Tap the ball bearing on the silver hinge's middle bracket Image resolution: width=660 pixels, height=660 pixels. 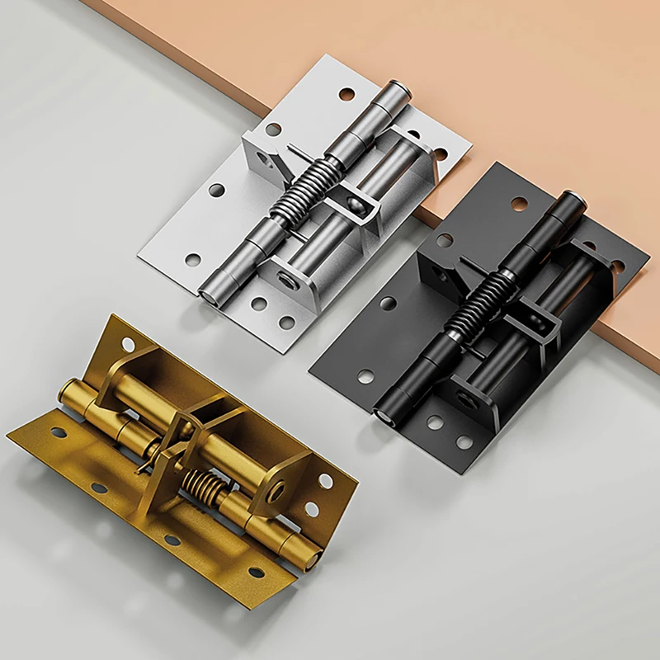353,201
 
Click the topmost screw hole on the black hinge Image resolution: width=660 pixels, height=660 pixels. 519,202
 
